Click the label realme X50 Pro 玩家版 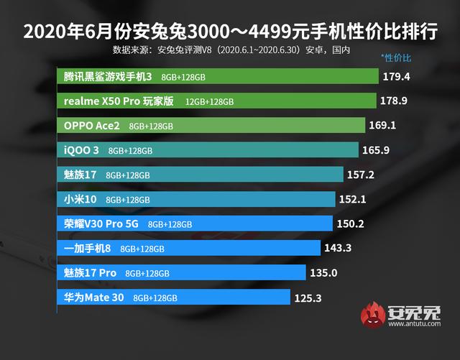pyautogui.click(x=119, y=101)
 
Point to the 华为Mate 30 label pyautogui.click(x=95, y=297)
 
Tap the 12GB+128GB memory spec pyautogui.click(x=209, y=102)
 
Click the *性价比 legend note pyautogui.click(x=396, y=56)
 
